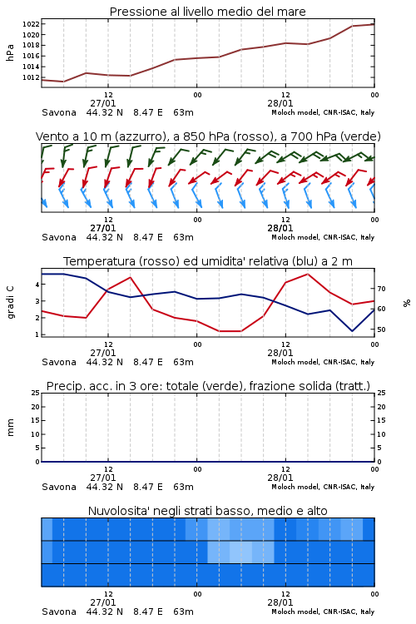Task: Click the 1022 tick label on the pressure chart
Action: [31, 24]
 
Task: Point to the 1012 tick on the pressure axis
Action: [31, 77]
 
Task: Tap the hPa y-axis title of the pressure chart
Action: [10, 52]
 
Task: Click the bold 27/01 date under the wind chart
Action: [103, 228]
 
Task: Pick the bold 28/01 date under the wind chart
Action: [280, 228]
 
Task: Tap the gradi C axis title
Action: [11, 302]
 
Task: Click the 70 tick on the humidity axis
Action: [381, 289]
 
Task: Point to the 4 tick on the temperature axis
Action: [37, 285]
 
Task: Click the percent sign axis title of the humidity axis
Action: [407, 303]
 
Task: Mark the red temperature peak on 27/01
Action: [130, 277]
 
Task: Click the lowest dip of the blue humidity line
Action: [352, 331]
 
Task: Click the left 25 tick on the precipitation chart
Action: [36, 393]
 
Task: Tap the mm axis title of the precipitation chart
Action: [11, 428]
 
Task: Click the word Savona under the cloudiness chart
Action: [59, 612]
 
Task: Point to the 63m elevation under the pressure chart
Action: [184, 112]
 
